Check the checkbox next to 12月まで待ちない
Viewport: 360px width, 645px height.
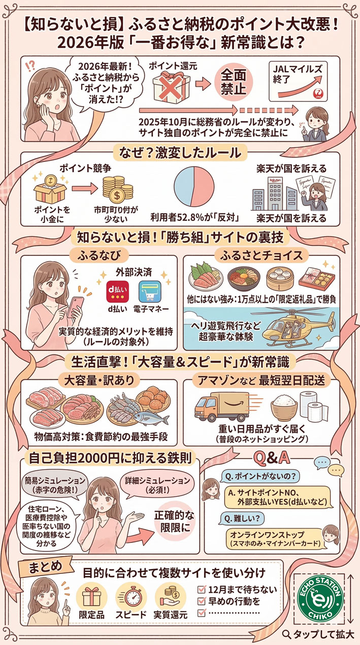pos(200,590)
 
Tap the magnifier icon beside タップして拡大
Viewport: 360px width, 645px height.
pos(286,633)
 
